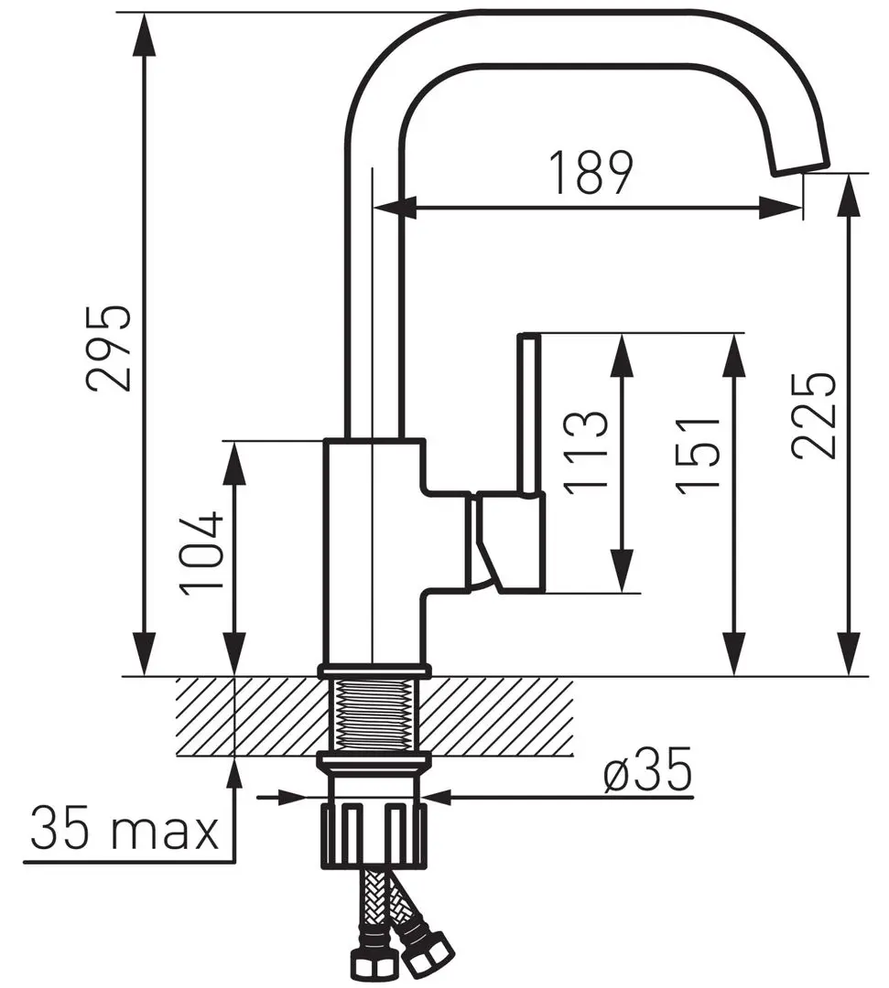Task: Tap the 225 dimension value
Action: pyautogui.click(x=815, y=416)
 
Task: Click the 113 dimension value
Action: pyautogui.click(x=586, y=453)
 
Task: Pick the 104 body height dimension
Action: pyautogui.click(x=201, y=553)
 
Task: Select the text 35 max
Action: pyautogui.click(x=125, y=831)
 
